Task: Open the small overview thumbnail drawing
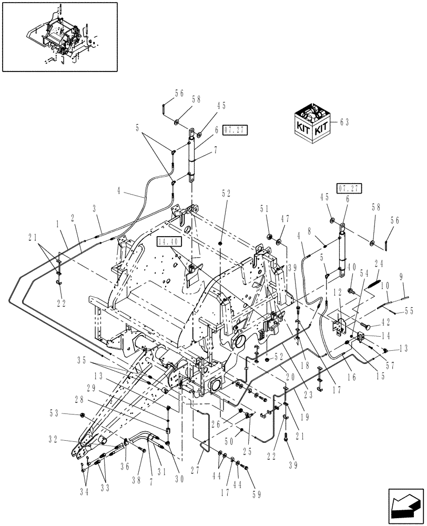point(59,36)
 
